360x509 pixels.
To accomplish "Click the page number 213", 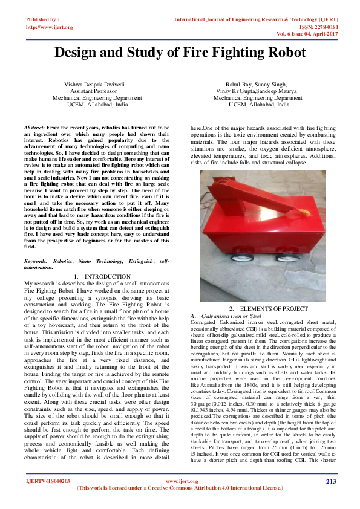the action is [x=330, y=481].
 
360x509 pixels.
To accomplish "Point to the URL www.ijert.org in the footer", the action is [x=182, y=481].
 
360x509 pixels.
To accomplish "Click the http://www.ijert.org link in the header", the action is [x=50, y=27].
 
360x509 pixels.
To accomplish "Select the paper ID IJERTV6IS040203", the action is [x=48, y=481].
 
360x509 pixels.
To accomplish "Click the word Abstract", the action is [x=34, y=129].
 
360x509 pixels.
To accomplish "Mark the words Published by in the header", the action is [x=42, y=20].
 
